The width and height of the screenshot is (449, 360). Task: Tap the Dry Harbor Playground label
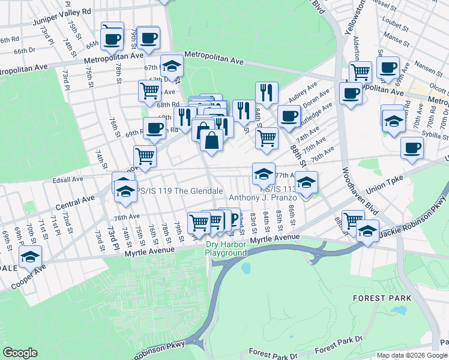226,248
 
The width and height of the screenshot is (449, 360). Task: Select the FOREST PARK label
382,298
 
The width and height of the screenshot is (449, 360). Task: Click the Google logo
20,352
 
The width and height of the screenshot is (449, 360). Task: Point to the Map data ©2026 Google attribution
411,355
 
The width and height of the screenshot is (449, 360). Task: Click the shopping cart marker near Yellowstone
360,72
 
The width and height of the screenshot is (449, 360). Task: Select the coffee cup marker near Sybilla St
412,148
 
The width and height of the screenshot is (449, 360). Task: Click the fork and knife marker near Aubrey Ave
267,93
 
